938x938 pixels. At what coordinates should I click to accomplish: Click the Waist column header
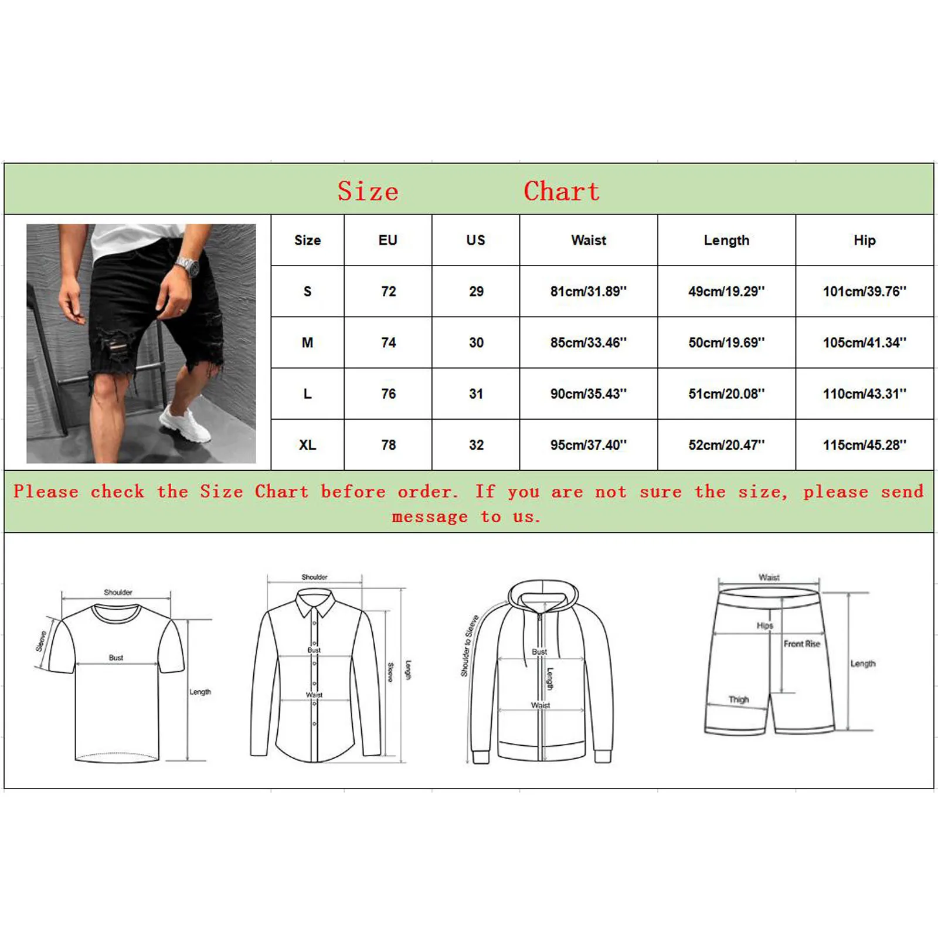[589, 240]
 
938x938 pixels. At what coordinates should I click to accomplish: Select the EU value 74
[388, 343]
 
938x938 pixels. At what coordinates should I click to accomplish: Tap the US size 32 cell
[476, 445]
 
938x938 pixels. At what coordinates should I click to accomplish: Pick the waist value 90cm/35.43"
[588, 394]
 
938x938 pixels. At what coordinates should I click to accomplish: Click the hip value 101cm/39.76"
[864, 291]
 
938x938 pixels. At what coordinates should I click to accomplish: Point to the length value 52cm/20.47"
[726, 445]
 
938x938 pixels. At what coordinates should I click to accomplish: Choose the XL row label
[307, 445]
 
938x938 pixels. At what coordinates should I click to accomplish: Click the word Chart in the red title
[561, 191]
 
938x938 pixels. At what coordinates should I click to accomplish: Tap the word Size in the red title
[368, 191]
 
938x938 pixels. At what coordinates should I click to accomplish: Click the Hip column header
[864, 240]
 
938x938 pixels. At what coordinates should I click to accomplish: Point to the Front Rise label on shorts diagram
[801, 644]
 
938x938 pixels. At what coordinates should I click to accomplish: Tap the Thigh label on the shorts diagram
[738, 699]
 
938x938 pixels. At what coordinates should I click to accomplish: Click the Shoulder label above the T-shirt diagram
[118, 592]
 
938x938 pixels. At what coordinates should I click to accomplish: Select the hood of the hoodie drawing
[542, 595]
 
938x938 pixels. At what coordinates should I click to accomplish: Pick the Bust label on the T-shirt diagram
[116, 658]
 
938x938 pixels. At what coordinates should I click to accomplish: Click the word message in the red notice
[430, 517]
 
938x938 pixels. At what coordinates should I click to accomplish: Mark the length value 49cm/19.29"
[726, 291]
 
